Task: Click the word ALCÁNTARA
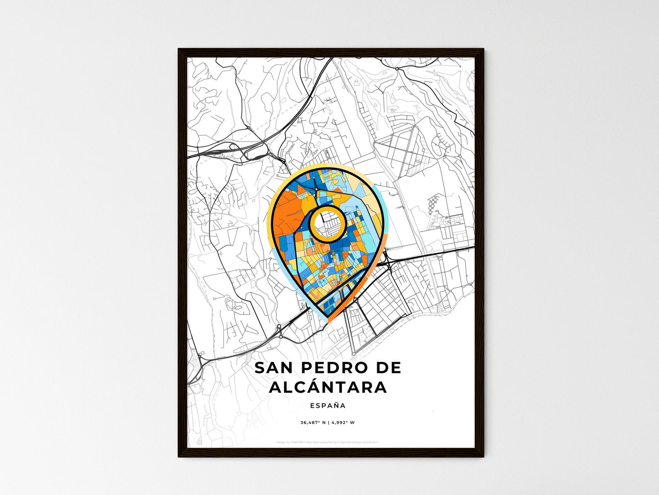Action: (x=328, y=387)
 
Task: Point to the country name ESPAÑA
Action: (x=327, y=405)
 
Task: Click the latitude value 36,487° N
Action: (x=312, y=422)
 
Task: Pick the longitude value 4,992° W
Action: (x=342, y=422)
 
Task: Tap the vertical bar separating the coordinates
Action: (x=327, y=422)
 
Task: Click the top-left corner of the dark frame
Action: (x=179, y=49)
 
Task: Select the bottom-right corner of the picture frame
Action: (x=483, y=456)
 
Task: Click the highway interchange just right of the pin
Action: (x=387, y=260)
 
